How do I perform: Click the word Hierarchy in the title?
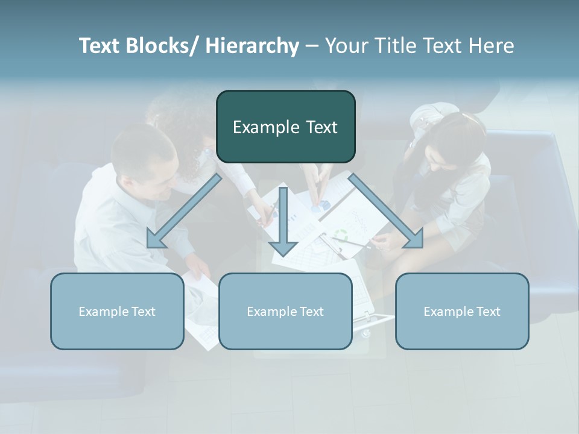(252, 46)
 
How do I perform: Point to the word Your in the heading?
(346, 46)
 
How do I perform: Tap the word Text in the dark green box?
(320, 127)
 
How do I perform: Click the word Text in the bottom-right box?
(487, 312)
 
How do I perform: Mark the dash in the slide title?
(312, 46)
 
